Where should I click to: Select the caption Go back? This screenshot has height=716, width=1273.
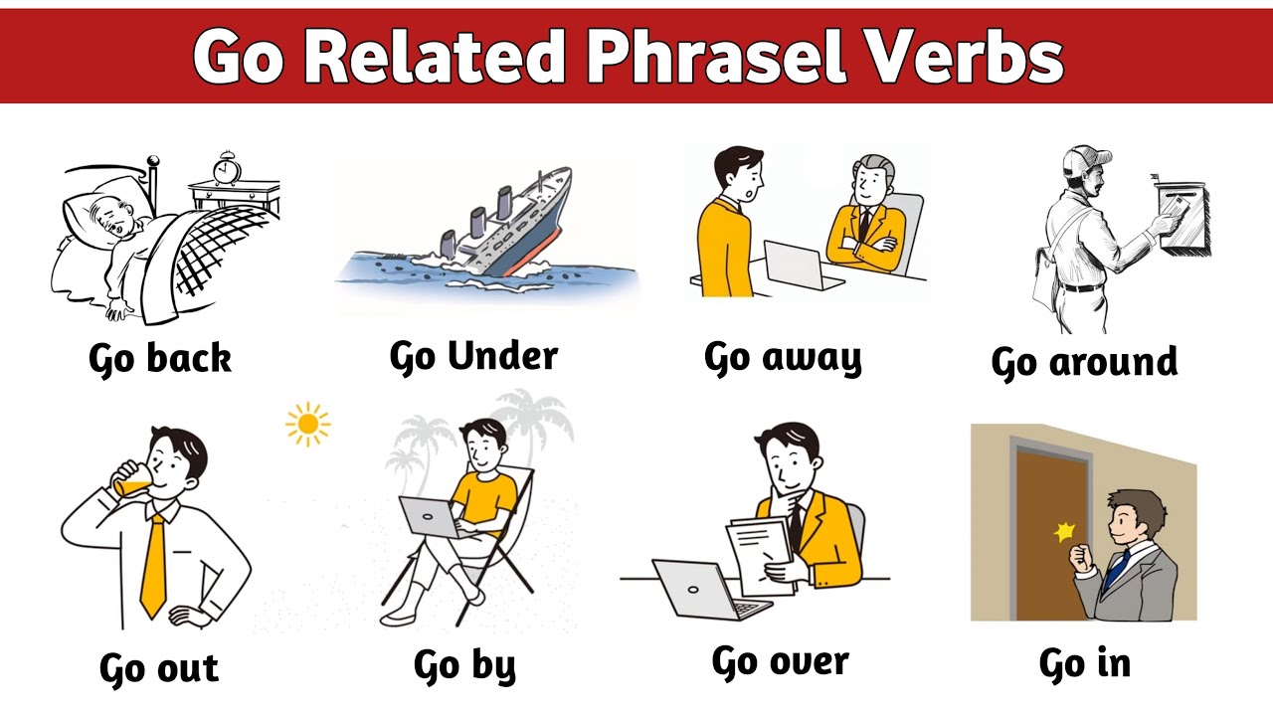click(x=159, y=359)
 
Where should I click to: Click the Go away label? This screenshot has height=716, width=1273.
click(x=783, y=359)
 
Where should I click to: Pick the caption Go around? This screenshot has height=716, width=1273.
click(x=1084, y=363)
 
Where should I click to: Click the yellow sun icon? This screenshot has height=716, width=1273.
click(x=307, y=425)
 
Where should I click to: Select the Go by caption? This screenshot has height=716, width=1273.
click(x=464, y=665)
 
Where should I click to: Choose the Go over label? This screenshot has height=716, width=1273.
click(x=780, y=662)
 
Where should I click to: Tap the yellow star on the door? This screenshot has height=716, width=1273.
click(x=1065, y=532)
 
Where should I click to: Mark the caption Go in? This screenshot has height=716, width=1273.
click(x=1084, y=664)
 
